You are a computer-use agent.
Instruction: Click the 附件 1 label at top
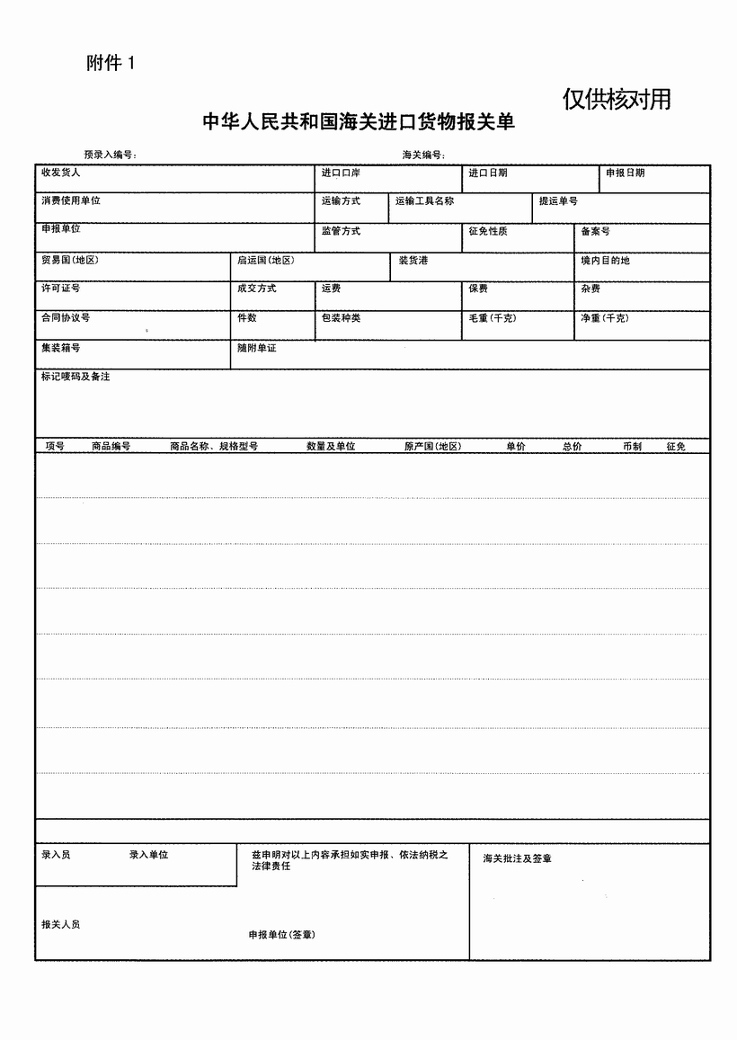tap(111, 63)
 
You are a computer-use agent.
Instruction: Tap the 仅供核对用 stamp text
tap(617, 99)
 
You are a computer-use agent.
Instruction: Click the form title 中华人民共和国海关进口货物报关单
tap(359, 122)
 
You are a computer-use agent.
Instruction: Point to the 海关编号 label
tap(423, 155)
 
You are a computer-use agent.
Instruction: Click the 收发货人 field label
tap(60, 173)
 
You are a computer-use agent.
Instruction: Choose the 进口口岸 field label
tap(341, 173)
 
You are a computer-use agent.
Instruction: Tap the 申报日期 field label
tap(625, 173)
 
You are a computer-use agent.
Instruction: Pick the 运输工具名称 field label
tap(424, 201)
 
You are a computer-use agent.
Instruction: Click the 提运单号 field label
tap(558, 201)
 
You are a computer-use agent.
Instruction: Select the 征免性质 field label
tap(488, 232)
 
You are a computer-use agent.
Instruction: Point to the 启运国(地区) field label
tap(264, 261)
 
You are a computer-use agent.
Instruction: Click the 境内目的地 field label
tap(605, 261)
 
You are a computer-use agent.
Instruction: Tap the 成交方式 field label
tap(256, 289)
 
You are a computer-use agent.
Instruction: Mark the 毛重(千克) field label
tap(492, 318)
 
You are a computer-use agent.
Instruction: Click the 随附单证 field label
tap(256, 347)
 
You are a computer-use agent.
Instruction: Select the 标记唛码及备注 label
tap(75, 377)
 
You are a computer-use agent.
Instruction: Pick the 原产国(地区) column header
tap(432, 446)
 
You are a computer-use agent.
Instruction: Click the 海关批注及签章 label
tap(517, 858)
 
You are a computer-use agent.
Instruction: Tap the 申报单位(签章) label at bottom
tap(281, 935)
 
